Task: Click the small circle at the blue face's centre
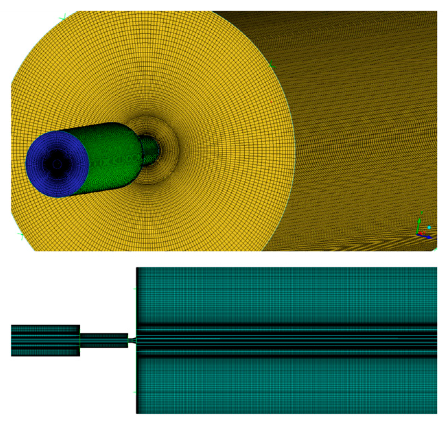(57, 165)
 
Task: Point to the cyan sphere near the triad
(429, 228)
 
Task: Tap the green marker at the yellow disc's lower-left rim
(21, 236)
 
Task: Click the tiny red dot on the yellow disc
(271, 102)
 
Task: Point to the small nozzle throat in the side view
(132, 340)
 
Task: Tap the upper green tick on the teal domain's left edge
(135, 289)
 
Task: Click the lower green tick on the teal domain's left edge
(135, 392)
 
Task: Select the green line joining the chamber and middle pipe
(80, 340)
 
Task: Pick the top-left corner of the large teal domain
(137, 268)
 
